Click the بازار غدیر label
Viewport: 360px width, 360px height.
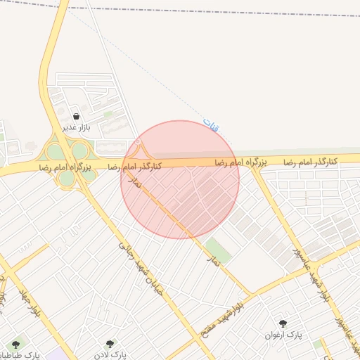point(76,127)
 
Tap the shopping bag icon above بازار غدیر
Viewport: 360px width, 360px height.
point(76,116)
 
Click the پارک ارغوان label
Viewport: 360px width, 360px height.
point(283,335)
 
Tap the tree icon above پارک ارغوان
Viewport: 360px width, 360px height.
point(283,324)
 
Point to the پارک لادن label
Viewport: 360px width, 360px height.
point(109,355)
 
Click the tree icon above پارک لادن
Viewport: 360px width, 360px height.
point(109,344)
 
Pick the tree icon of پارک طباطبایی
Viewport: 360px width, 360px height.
point(16,345)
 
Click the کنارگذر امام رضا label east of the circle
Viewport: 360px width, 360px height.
point(311,162)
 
